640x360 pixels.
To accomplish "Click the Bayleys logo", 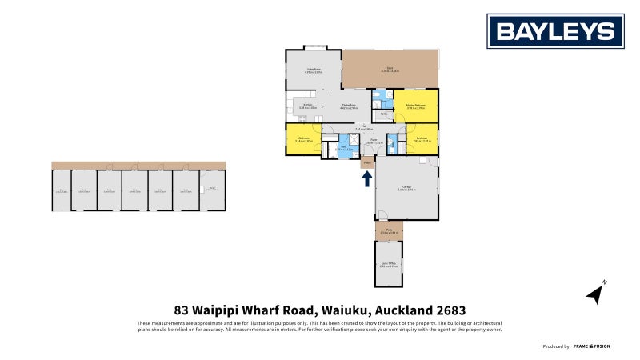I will point(557,31).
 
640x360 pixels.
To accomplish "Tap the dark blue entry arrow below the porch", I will point(366,178).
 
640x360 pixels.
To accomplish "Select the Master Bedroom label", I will point(414,106).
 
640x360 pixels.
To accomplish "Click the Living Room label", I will point(313,70).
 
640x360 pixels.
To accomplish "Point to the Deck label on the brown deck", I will point(390,69).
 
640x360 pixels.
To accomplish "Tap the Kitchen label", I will point(307,106).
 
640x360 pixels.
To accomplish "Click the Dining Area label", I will point(349,106).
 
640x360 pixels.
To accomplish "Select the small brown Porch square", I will point(366,162).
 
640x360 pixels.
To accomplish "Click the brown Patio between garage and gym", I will point(389,230).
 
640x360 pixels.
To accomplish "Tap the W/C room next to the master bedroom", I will point(383,115).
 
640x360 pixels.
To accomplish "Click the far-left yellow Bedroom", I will point(304,139).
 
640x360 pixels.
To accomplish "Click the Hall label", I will point(363,126).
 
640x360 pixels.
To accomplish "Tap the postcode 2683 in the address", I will point(450,310).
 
